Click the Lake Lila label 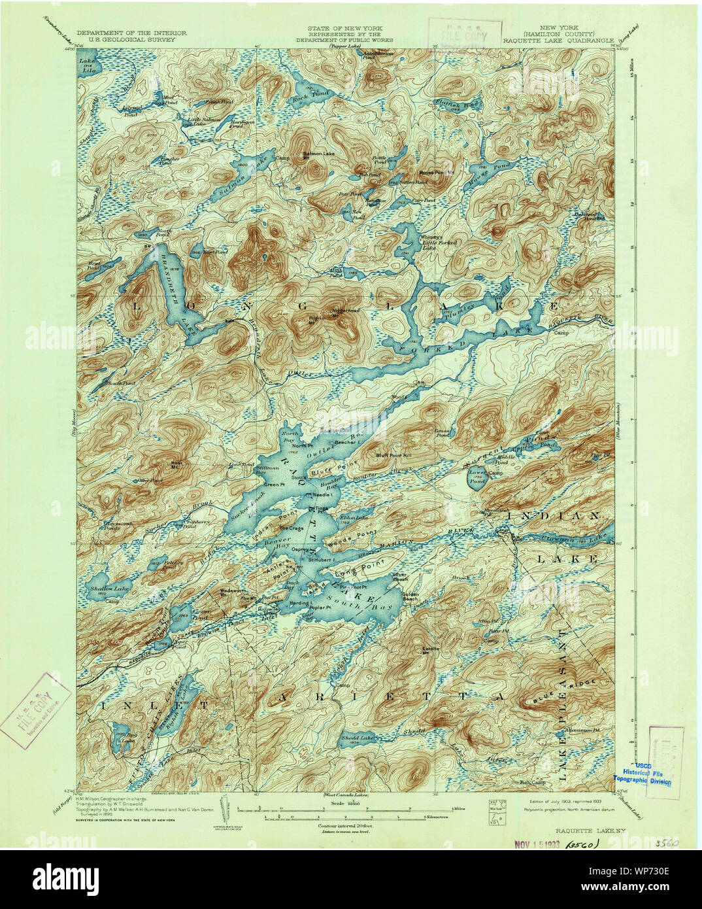click(86, 65)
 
